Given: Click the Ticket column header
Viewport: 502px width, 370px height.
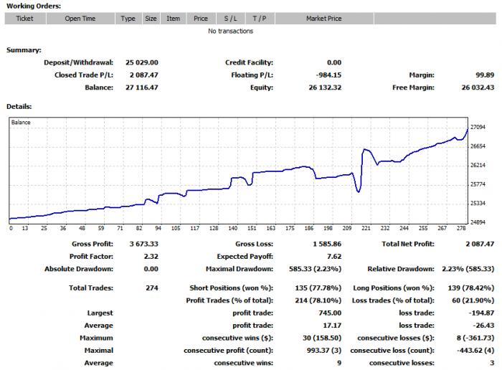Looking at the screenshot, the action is point(24,19).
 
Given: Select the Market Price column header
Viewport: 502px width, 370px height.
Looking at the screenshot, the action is point(324,19).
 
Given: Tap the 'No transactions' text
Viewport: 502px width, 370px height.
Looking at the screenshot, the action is point(230,31).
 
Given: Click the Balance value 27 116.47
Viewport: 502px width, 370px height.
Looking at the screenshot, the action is point(142,87).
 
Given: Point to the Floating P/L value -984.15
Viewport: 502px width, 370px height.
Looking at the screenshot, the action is point(328,75).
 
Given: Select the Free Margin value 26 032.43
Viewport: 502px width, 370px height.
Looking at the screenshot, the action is point(478,87).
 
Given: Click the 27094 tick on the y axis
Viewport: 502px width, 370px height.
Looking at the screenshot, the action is point(478,127).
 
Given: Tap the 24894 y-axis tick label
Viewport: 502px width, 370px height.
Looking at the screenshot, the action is point(478,222).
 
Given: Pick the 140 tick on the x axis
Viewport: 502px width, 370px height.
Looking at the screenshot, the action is point(233,228).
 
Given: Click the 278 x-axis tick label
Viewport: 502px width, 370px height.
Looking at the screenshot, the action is point(461,228).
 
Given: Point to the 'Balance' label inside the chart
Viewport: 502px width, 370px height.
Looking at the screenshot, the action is point(21,123).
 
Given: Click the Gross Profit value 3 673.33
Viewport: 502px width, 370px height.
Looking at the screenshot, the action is point(143,244).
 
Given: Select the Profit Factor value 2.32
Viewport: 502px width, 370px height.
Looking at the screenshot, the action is point(151,257).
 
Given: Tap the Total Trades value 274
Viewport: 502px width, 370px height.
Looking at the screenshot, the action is point(152,288).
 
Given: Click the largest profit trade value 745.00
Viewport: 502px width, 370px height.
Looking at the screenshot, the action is point(330,313).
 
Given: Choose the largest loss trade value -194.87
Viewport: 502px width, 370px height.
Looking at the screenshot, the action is point(481,313).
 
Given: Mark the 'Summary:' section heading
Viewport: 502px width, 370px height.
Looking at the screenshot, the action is point(24,50).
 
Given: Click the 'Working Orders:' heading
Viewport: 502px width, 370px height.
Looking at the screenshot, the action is point(34,6).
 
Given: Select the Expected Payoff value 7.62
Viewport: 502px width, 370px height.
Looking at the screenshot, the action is point(334,257).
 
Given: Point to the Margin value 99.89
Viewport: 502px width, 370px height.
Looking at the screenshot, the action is point(485,75).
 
